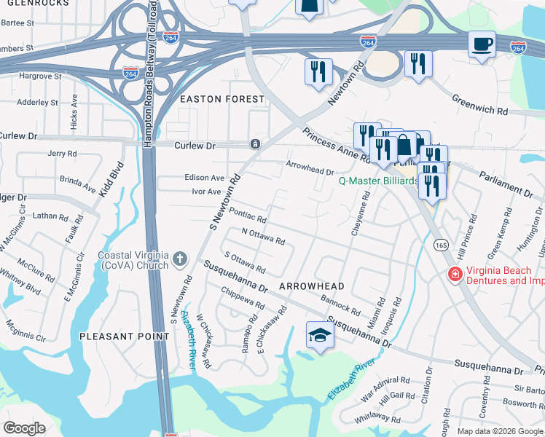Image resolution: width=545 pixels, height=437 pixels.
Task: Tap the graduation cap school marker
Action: (x=318, y=335)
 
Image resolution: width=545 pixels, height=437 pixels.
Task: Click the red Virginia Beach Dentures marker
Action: (x=455, y=275)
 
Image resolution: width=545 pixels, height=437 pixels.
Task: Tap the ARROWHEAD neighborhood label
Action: (x=311, y=287)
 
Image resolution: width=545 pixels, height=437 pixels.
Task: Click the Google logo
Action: (x=24, y=428)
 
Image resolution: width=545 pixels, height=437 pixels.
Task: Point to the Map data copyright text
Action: (x=500, y=431)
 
